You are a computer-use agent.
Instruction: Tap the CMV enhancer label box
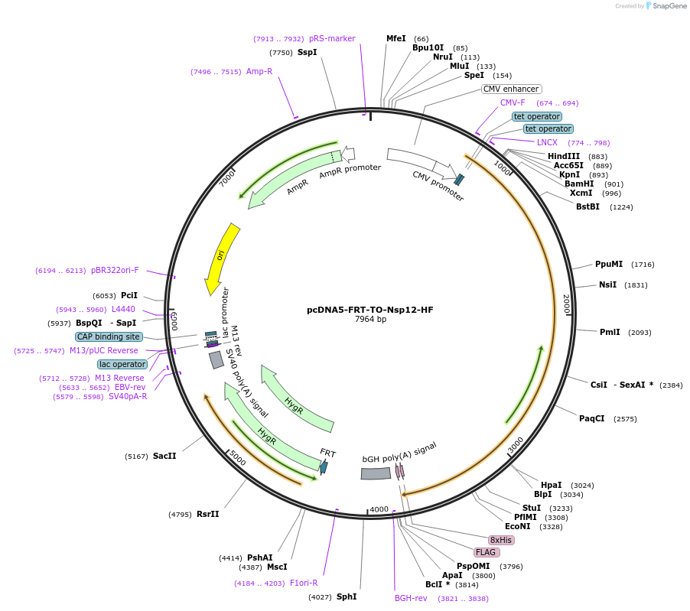[x=512, y=89]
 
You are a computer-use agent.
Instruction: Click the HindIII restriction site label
[x=564, y=156]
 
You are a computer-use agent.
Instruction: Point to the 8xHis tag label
[x=501, y=540]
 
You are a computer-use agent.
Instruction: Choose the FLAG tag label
[x=487, y=552]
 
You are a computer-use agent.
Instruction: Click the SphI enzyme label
[x=347, y=596]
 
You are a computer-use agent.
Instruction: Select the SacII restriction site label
[x=164, y=456]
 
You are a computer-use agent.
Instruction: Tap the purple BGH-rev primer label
[x=411, y=598]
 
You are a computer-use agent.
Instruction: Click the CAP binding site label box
[x=109, y=336]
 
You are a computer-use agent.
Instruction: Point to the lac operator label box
[x=122, y=364]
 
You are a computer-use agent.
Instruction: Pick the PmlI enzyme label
[x=610, y=332]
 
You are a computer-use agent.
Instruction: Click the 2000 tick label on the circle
[x=566, y=304]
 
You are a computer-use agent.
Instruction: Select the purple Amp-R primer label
[x=259, y=71]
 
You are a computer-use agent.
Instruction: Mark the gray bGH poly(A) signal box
[x=376, y=474]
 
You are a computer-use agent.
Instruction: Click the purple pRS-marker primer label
[x=332, y=38]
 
